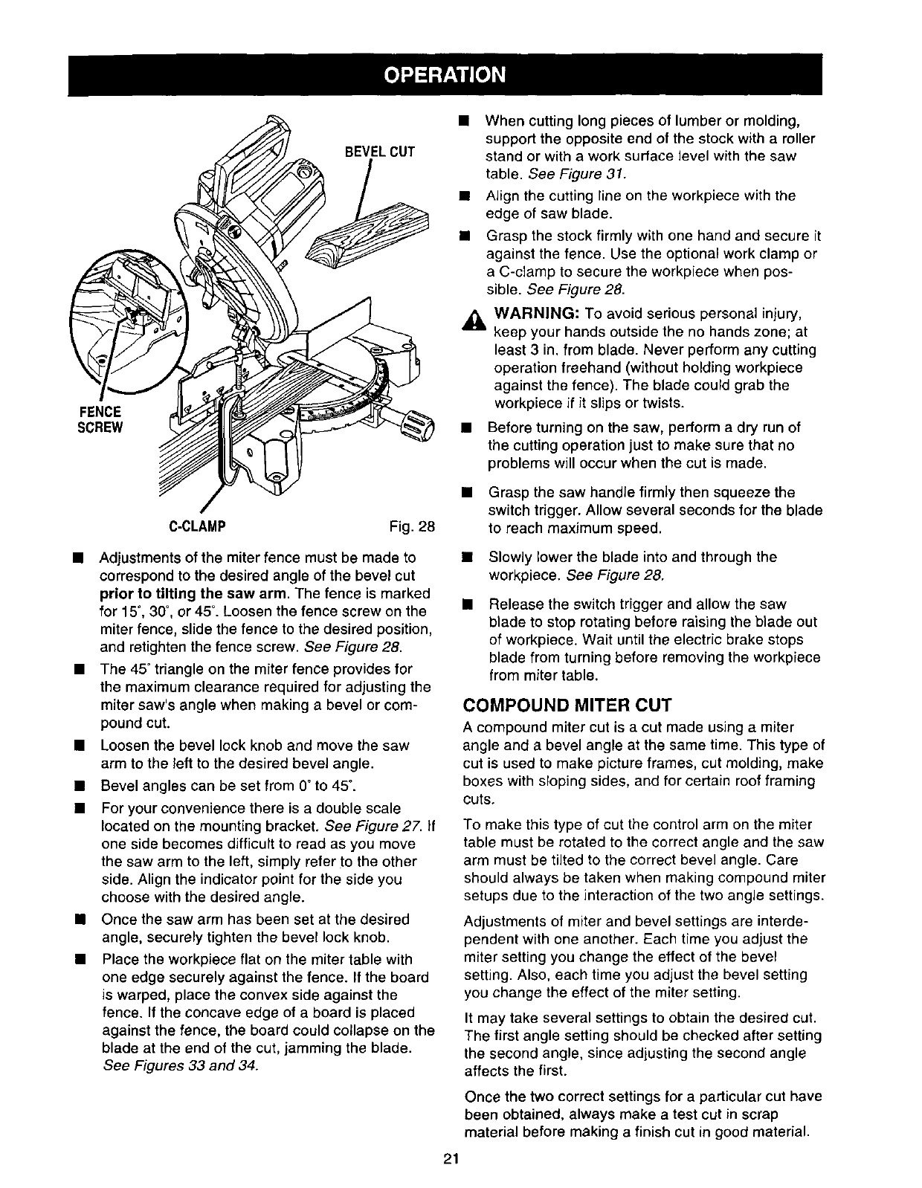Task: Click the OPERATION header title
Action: [445, 75]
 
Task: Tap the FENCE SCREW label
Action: [98, 419]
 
